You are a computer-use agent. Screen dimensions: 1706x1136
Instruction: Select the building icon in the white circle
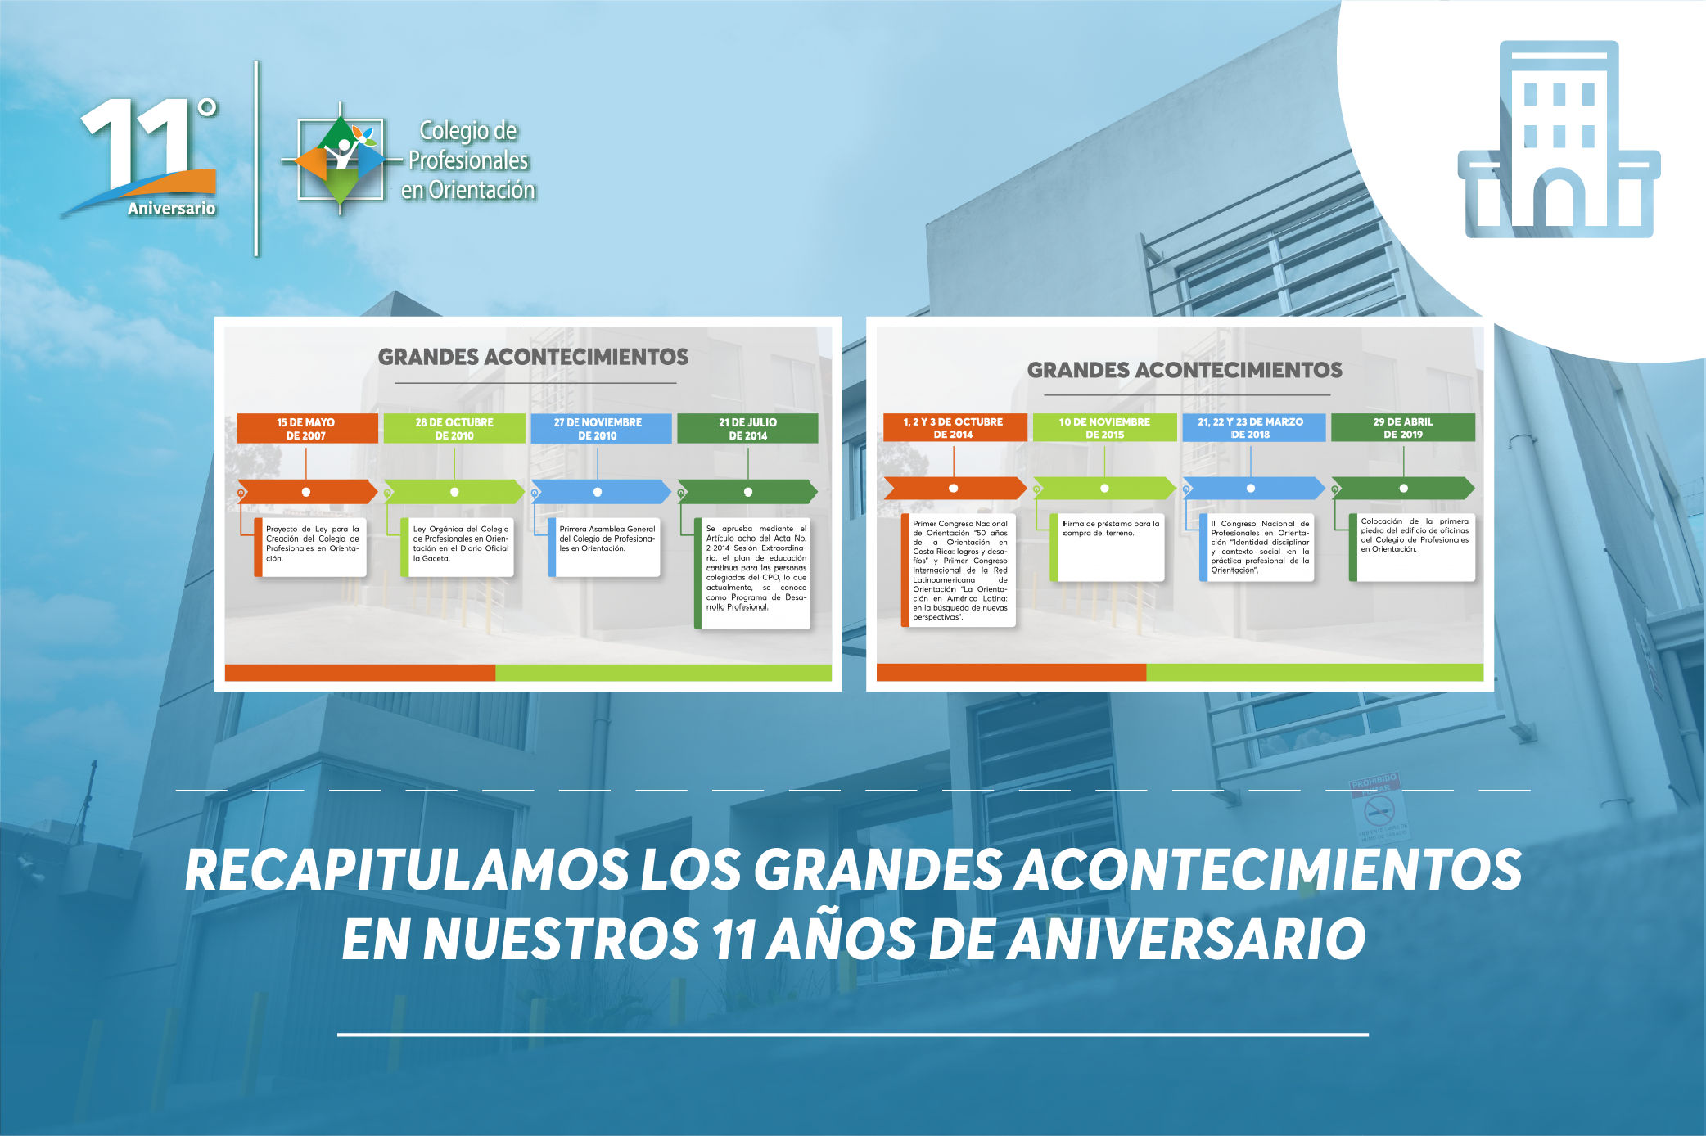coord(1559,139)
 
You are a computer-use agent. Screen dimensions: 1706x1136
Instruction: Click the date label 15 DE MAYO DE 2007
coord(307,429)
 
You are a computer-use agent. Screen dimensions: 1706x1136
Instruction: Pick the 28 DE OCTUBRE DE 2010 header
coord(454,429)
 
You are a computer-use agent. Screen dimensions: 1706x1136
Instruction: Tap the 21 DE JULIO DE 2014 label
coord(747,429)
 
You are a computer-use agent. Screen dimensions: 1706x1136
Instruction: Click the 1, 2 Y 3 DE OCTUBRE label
coord(955,427)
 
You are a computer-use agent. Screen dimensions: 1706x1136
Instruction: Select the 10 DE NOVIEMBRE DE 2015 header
coord(1104,427)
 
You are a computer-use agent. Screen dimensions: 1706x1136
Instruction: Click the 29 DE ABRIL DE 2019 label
coord(1403,427)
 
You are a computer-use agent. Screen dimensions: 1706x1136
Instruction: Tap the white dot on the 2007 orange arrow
coord(306,492)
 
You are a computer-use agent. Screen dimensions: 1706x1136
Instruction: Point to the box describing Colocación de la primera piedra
coord(1412,547)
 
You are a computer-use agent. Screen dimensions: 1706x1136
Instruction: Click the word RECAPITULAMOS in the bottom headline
coord(408,869)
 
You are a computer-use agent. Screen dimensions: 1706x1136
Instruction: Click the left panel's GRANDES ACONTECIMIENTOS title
coord(533,357)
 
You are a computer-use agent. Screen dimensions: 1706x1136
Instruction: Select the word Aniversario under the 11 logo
coord(172,209)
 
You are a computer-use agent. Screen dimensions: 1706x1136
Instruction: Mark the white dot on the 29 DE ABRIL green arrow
coord(1404,488)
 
